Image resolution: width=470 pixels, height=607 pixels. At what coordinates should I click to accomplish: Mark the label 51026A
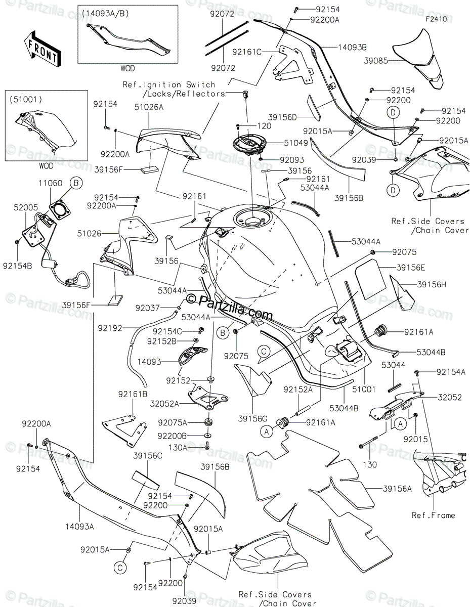(x=149, y=107)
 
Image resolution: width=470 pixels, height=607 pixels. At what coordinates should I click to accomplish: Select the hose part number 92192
(x=110, y=328)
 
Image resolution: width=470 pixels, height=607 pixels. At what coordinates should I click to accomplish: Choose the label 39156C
(x=148, y=456)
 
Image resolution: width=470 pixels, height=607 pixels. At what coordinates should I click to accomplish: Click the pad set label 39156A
(x=397, y=489)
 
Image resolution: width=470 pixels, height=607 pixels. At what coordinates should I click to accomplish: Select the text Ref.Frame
(x=433, y=515)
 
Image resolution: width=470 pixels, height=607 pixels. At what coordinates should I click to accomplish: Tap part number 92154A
(x=441, y=372)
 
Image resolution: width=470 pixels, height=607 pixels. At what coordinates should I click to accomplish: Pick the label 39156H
(x=432, y=285)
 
